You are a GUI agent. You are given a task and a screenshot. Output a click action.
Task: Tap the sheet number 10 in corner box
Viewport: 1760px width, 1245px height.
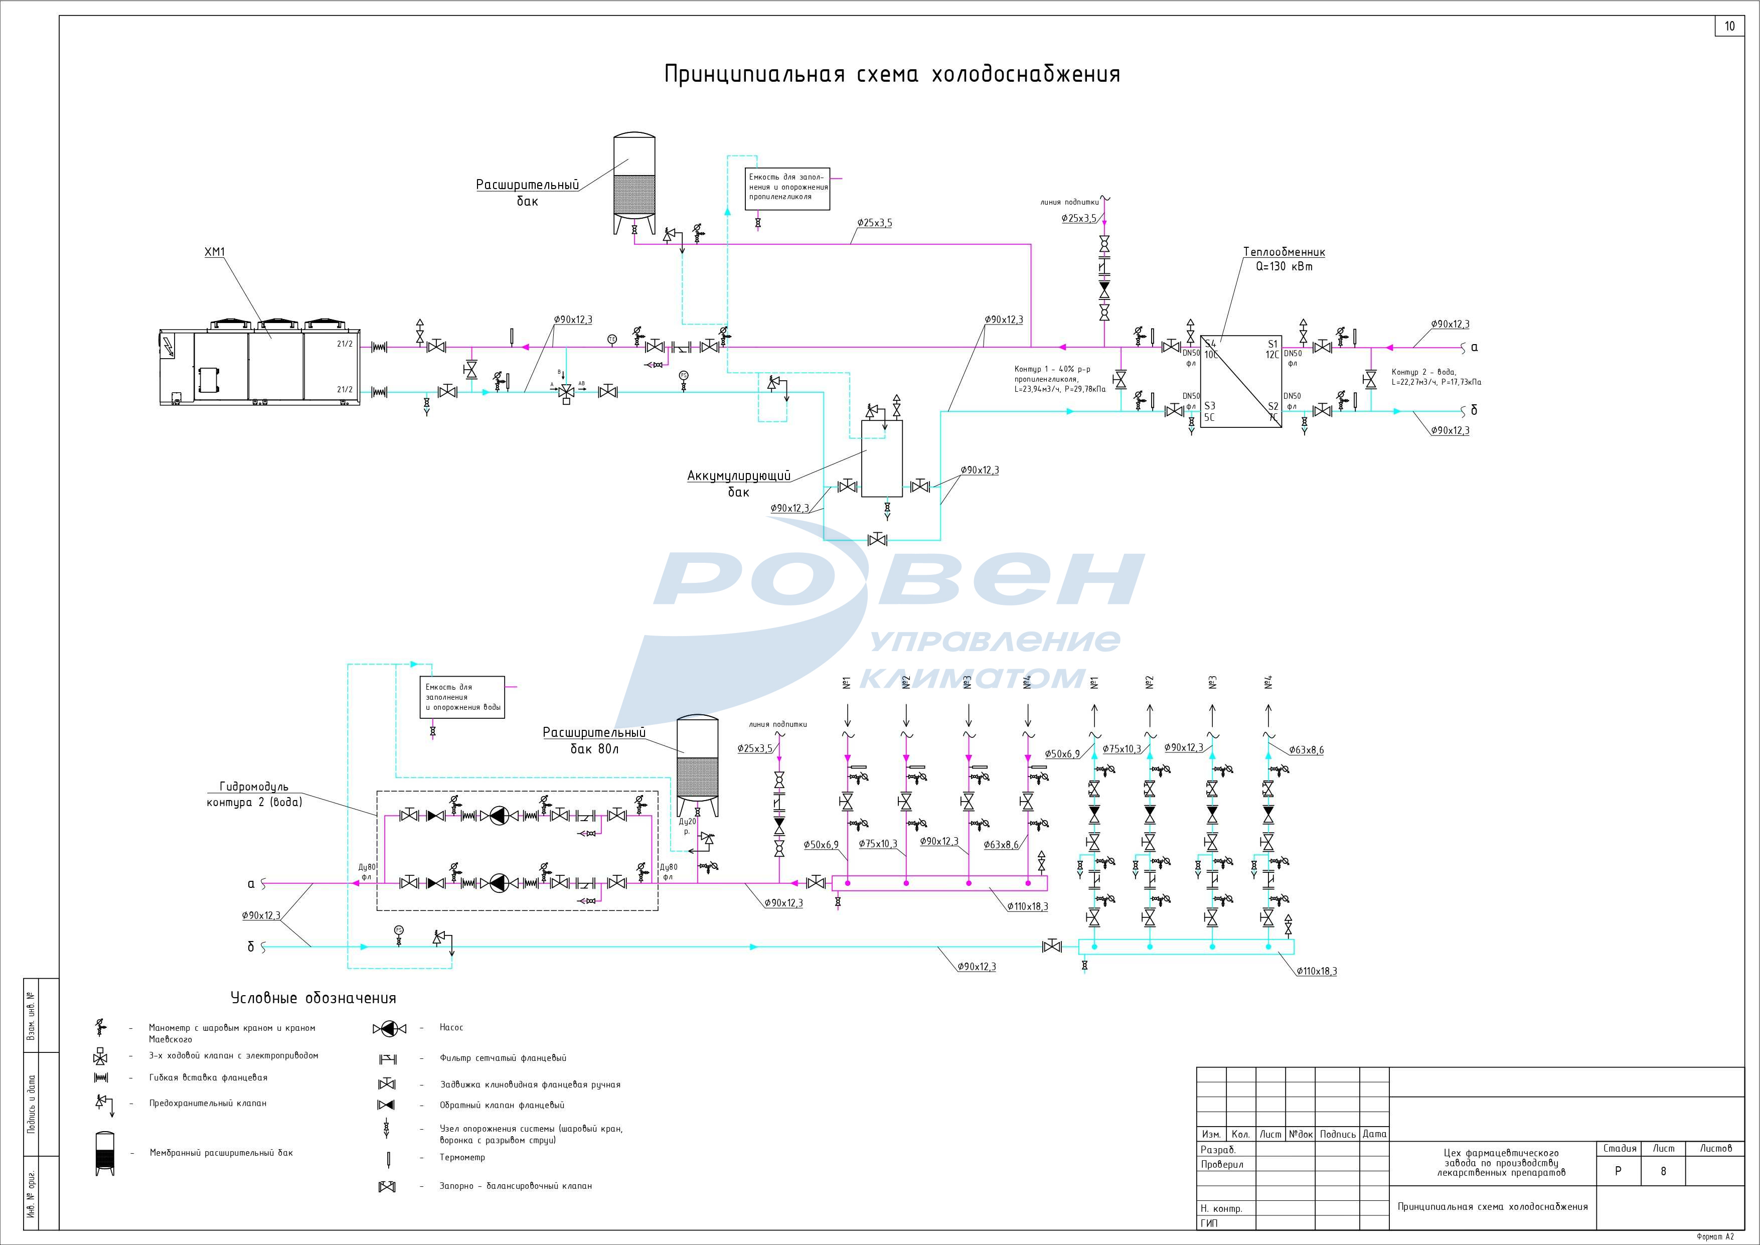point(1729,26)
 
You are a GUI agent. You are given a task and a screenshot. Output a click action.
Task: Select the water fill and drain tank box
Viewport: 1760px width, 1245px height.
point(462,697)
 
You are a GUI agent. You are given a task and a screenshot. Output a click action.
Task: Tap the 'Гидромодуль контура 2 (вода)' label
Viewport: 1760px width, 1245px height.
point(254,794)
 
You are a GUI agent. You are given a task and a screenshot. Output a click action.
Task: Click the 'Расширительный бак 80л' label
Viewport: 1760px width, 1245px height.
point(594,740)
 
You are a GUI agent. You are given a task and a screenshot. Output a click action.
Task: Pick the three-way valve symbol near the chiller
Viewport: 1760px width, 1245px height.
point(566,391)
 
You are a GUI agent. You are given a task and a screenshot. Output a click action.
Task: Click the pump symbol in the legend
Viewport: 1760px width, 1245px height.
point(389,1028)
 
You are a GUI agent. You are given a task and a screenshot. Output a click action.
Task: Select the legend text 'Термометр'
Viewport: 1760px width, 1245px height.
point(462,1157)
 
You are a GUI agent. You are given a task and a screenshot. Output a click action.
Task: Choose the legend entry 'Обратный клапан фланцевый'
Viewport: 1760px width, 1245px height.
point(502,1105)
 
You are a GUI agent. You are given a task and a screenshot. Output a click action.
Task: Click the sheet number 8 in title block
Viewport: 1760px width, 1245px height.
point(1663,1171)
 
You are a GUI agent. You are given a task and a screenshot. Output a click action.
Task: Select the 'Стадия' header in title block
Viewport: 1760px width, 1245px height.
point(1620,1148)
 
